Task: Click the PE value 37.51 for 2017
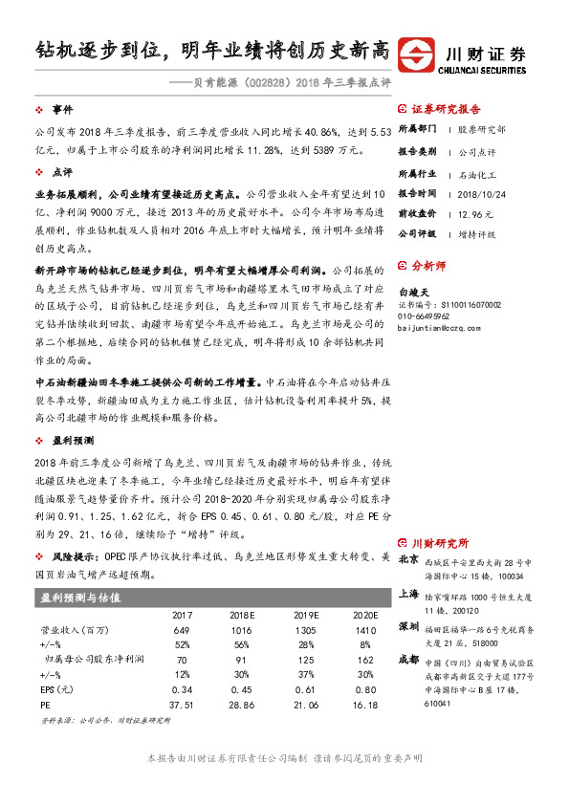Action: pos(182,705)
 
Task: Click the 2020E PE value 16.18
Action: pos(365,705)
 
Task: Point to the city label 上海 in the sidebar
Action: pos(407,593)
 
